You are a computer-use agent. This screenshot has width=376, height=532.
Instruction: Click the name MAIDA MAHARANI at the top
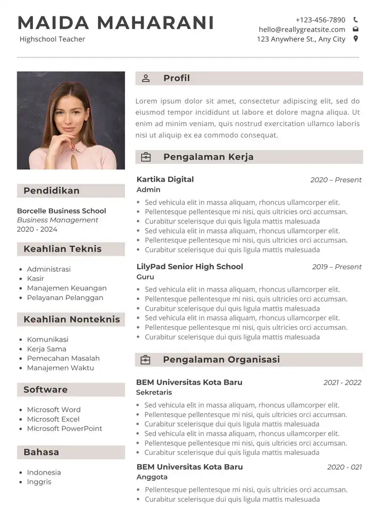pos(116,23)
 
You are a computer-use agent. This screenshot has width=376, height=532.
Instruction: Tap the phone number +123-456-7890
pos(320,20)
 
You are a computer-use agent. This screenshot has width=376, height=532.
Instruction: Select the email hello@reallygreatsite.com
pos(302,29)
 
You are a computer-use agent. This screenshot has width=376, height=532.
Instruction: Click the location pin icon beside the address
pos(355,39)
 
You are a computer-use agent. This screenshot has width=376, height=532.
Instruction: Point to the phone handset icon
pos(355,20)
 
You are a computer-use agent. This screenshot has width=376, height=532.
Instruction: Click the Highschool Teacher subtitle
pos(52,39)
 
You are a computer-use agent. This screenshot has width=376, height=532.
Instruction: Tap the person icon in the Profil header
pos(146,79)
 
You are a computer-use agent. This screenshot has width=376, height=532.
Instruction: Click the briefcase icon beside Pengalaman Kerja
pos(146,157)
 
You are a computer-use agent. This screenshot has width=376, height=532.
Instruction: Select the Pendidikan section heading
pos(52,190)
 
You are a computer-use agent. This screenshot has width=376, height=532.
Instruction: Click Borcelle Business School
pos(61,211)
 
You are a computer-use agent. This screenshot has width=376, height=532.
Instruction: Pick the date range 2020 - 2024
pos(37,229)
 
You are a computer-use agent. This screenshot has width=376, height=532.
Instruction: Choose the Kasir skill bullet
pos(36,278)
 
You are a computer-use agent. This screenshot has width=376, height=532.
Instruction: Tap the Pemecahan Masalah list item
pos(63,358)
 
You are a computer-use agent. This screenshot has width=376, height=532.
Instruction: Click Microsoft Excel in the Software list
pos(53,419)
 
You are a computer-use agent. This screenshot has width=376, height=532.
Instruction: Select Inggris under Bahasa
pos(39,481)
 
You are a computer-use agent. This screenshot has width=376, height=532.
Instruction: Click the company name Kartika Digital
pos(165,179)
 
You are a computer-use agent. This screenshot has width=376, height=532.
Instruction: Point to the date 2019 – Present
pos(337,267)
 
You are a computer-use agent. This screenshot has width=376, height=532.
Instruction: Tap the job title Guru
pos(145,277)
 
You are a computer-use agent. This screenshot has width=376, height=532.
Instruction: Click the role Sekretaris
pos(154,392)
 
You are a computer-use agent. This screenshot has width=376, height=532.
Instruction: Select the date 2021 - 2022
pos(342,383)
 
